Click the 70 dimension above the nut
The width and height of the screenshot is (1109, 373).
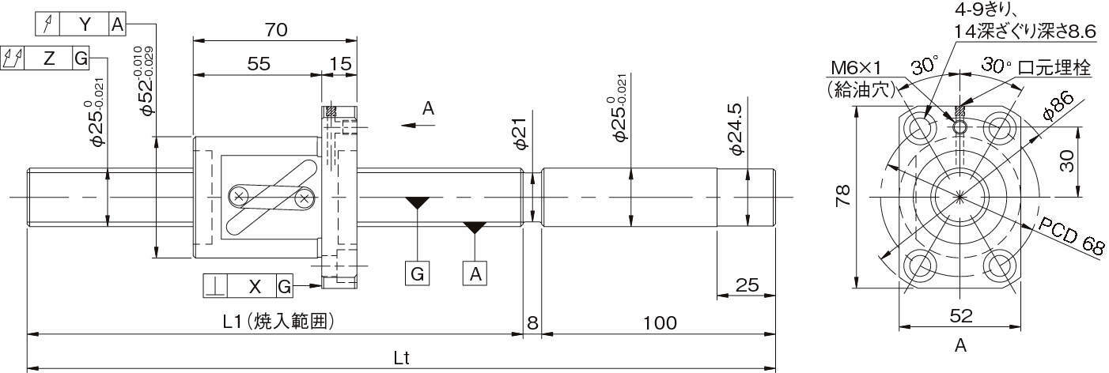[276, 30]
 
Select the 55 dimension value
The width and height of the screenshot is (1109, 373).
[259, 64]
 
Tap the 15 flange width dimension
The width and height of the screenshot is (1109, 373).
[340, 64]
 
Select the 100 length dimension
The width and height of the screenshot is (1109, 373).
[660, 323]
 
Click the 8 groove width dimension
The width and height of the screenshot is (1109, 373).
[532, 323]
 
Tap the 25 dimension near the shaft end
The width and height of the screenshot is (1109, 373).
[747, 285]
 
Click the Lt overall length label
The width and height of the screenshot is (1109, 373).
[402, 358]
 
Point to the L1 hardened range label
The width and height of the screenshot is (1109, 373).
[278, 322]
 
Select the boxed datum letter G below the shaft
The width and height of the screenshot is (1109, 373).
[418, 273]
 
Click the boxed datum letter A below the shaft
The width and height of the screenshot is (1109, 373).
[475, 273]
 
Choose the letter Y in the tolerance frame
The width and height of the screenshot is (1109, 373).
[85, 24]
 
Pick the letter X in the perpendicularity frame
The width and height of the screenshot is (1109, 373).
[255, 286]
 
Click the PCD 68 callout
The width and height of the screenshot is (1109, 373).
[1071, 236]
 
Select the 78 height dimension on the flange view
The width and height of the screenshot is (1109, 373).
[842, 195]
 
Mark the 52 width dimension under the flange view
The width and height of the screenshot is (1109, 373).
[961, 316]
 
